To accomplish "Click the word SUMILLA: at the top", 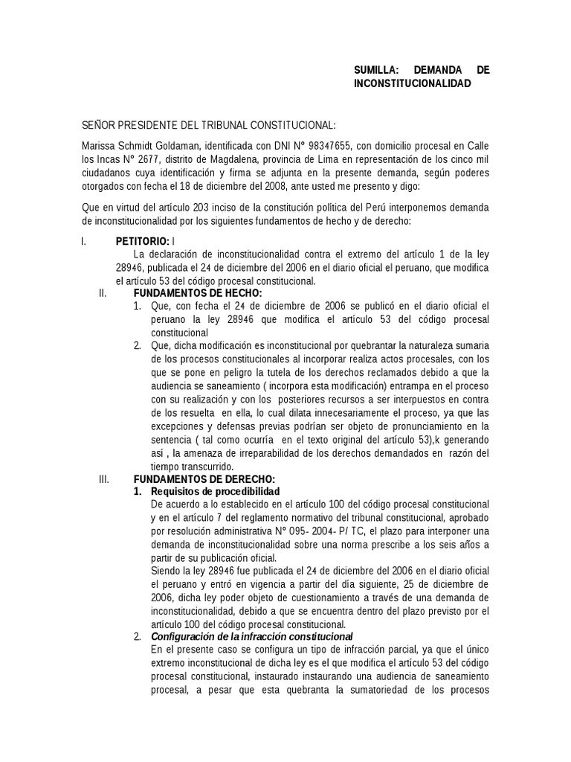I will click(x=377, y=70).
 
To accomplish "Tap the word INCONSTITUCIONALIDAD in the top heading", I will click(x=413, y=84).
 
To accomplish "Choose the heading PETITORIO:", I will click(x=143, y=241).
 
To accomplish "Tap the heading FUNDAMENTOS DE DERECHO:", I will click(x=204, y=478).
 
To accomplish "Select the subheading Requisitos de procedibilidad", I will click(x=215, y=492).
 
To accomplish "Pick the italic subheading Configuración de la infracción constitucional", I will click(x=251, y=637).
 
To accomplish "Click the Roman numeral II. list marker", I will click(x=103, y=294).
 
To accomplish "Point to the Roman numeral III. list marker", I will click(x=104, y=478).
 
